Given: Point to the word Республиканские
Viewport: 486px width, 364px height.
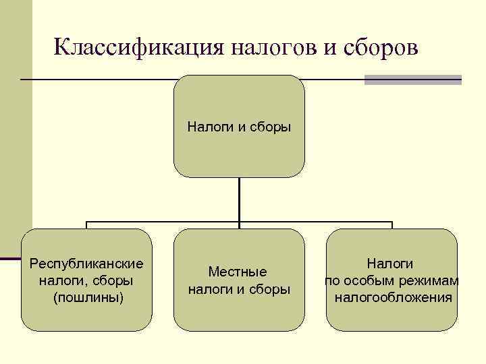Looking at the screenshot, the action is point(86,263).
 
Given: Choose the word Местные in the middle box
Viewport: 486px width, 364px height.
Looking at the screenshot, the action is point(238,272).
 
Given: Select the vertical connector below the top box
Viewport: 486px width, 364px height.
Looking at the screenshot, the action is point(239,200).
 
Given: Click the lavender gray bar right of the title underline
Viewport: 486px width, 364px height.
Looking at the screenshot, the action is point(412,80).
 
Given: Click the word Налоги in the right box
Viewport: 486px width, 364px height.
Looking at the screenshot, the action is point(390,264).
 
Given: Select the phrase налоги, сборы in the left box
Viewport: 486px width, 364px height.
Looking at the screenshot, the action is point(86,280).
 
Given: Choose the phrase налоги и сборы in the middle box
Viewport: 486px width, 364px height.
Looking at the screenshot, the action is point(239,289).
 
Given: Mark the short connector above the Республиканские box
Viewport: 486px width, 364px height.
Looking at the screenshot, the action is point(86,225).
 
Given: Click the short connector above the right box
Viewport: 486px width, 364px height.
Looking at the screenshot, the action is point(392,225).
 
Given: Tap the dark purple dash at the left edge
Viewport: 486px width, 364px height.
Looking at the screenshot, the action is point(10,258).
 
